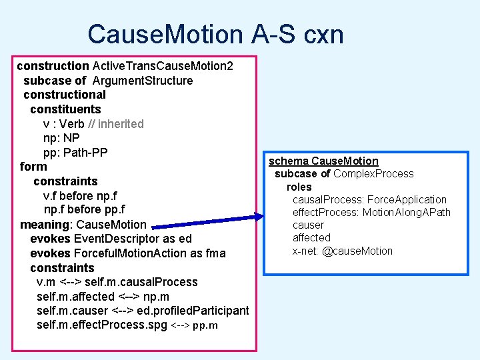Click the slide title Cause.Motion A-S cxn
(x=215, y=34)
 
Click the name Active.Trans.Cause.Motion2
(x=163, y=66)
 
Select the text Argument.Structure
(x=143, y=81)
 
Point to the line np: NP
(x=61, y=139)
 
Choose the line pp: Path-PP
(x=75, y=153)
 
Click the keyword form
(x=33, y=167)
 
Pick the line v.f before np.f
(x=80, y=196)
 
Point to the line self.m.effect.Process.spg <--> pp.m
(x=127, y=325)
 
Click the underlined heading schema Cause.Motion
(x=323, y=161)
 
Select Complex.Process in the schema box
(x=373, y=174)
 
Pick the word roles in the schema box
(x=299, y=187)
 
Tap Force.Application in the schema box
(x=407, y=199)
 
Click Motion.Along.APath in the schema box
(x=407, y=212)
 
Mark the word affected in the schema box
(x=311, y=237)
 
